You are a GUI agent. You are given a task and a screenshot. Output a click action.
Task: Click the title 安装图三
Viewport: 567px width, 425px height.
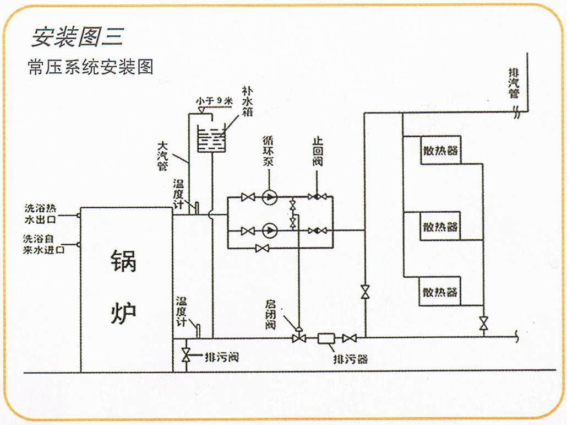click(x=77, y=36)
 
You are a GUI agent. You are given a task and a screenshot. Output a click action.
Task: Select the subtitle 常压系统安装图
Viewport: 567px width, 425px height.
click(x=90, y=67)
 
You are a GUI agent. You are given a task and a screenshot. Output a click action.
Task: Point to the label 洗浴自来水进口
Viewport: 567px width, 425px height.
click(x=43, y=244)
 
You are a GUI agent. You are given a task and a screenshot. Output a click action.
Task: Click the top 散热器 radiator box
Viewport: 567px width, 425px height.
click(x=440, y=150)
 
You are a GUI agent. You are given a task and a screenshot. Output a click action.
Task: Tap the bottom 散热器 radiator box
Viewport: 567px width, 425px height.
click(x=440, y=290)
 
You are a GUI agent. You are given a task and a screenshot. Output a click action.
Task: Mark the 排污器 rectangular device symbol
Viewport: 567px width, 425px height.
click(x=328, y=338)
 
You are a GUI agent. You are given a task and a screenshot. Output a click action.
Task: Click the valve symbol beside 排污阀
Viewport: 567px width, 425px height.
click(x=186, y=356)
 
